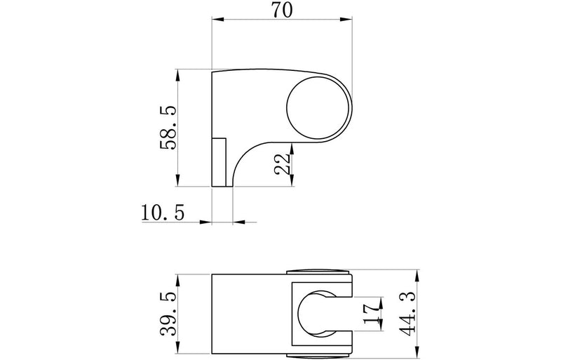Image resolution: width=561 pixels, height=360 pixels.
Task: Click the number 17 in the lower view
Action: point(371,314)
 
